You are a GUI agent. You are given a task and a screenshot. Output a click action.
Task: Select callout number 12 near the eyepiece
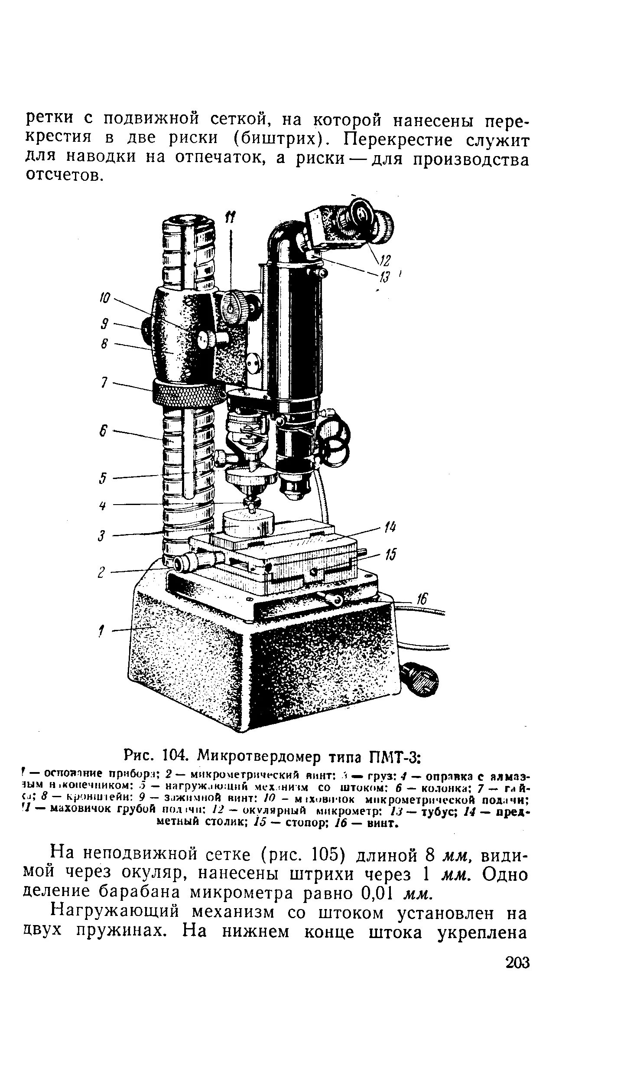coord(384,261)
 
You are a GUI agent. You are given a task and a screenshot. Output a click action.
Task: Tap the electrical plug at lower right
coord(418,680)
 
